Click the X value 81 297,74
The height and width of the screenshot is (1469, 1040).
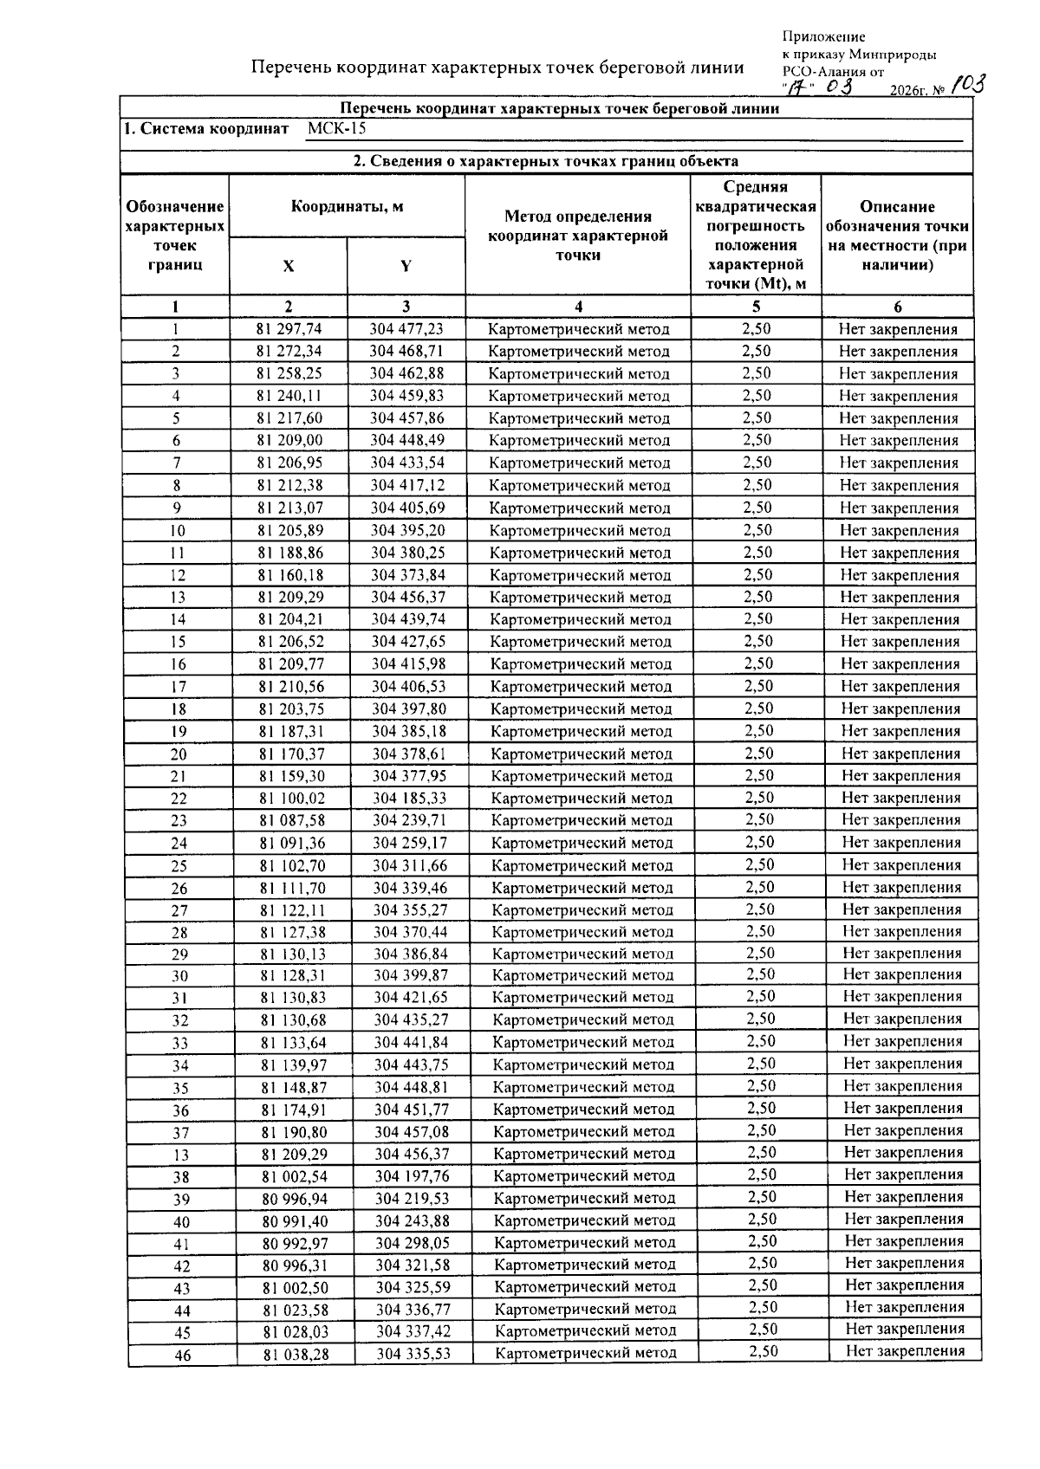(x=289, y=329)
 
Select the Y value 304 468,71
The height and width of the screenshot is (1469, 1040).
(x=406, y=352)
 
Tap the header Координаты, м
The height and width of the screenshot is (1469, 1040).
(x=347, y=207)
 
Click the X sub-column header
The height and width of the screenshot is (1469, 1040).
(x=288, y=267)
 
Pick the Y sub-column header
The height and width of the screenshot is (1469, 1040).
(x=406, y=267)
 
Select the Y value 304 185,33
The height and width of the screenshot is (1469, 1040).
(x=410, y=799)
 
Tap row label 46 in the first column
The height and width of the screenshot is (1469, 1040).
(x=182, y=1356)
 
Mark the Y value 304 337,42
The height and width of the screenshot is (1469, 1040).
(x=413, y=1331)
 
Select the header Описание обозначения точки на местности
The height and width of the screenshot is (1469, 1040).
(x=897, y=236)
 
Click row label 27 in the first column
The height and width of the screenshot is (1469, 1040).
(x=179, y=911)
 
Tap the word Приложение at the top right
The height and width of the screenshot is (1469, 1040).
(x=823, y=36)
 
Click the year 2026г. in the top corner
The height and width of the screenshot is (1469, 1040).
(x=909, y=90)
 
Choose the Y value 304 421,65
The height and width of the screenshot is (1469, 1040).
(x=411, y=998)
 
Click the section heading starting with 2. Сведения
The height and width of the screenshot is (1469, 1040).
(x=545, y=161)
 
